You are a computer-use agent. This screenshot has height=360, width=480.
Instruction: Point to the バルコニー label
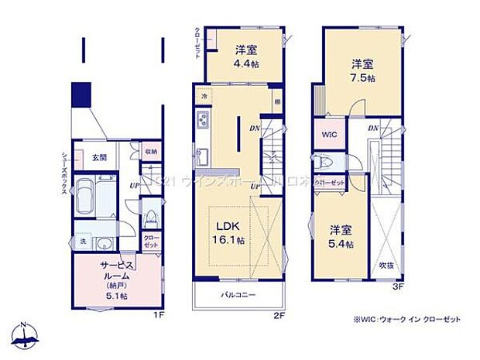pos(237,295)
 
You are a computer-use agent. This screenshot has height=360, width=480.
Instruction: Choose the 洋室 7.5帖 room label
pos(363,70)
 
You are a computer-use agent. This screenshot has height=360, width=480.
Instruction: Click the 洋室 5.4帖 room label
pos(341,237)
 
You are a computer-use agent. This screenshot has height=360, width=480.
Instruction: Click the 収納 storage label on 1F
pos(150,152)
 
